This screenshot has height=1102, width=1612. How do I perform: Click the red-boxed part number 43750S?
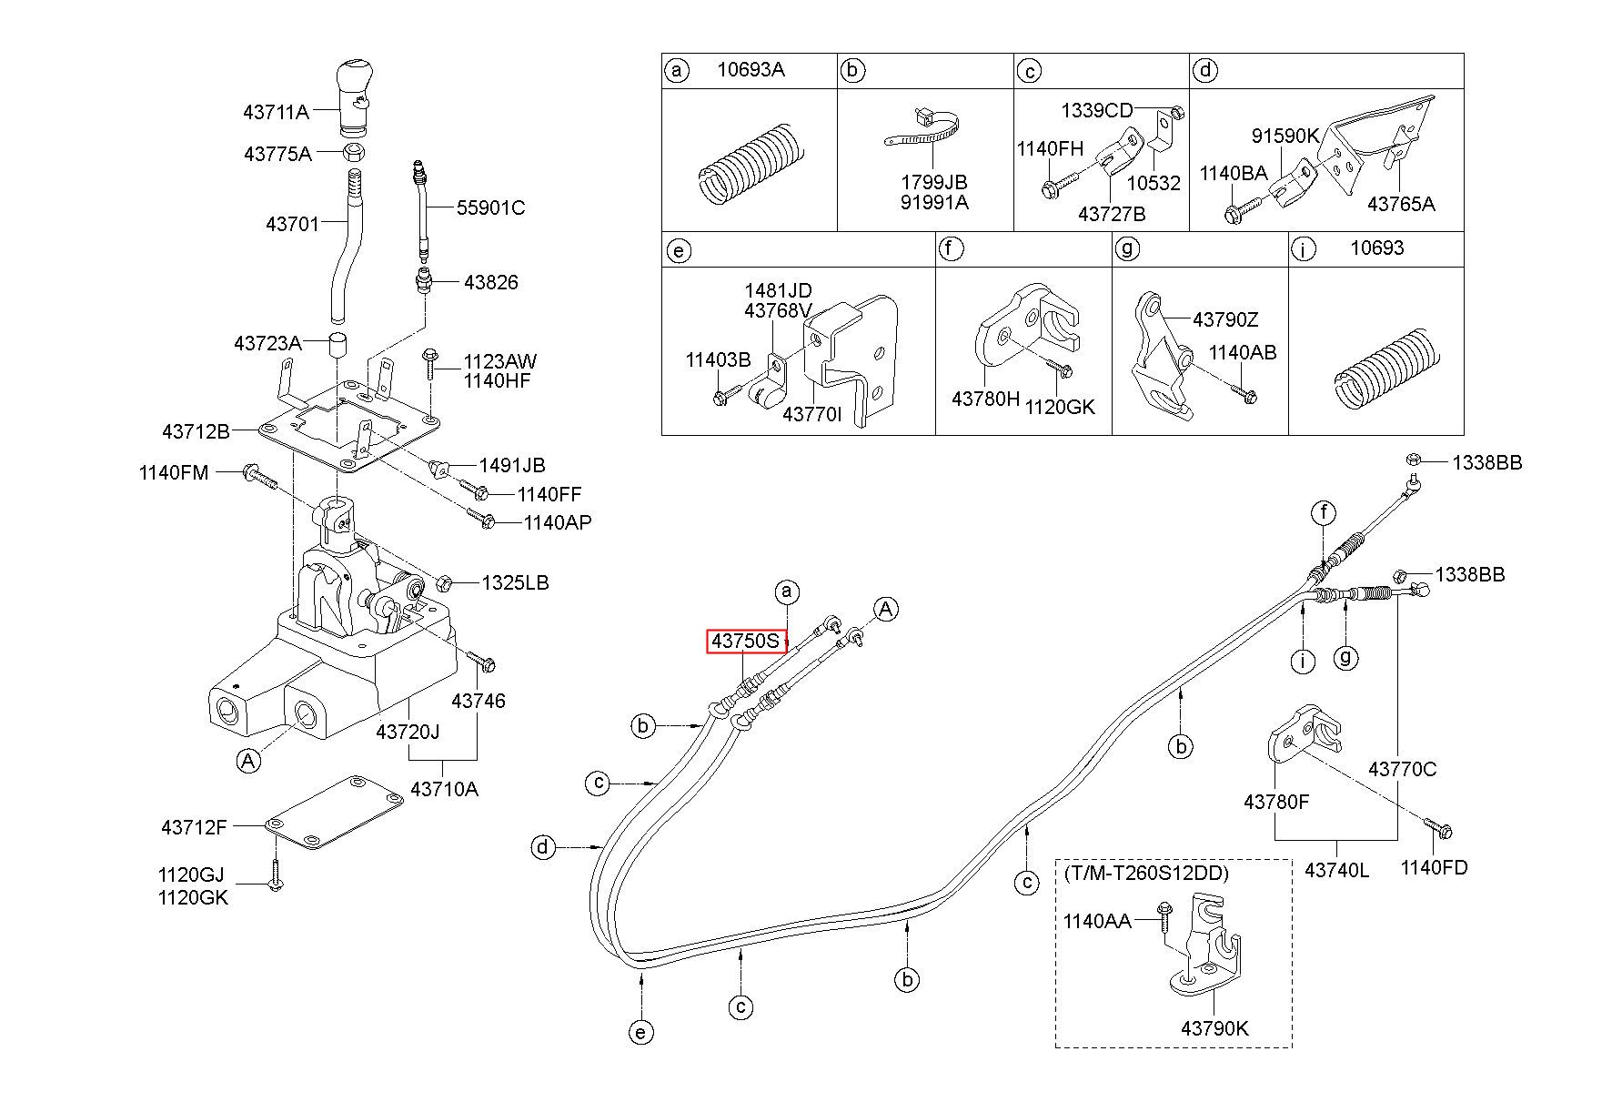coord(746,642)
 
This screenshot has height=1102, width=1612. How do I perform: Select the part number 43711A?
coord(276,112)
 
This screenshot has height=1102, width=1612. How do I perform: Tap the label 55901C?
coord(490,207)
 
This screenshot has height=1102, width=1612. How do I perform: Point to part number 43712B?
coord(196,430)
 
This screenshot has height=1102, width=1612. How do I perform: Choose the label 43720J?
coord(408,731)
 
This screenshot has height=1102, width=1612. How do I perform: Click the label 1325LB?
coord(515,582)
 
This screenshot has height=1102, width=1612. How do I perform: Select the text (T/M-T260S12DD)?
coord(1146,874)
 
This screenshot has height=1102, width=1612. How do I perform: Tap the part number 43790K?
coord(1214,1028)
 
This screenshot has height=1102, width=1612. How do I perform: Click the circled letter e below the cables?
coord(641,1032)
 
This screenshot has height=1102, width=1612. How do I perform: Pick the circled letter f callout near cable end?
coord(1324,513)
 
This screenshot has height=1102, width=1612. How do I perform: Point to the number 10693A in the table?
coord(751,70)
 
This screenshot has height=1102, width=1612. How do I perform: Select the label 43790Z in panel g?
coord(1225,319)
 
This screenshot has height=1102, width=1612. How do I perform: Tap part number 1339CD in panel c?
coord(1096,111)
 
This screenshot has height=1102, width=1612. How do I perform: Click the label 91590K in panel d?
coord(1285,136)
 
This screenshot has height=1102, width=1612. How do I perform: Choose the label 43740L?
coord(1336,870)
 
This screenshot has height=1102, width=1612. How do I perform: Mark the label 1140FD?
coord(1434,867)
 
